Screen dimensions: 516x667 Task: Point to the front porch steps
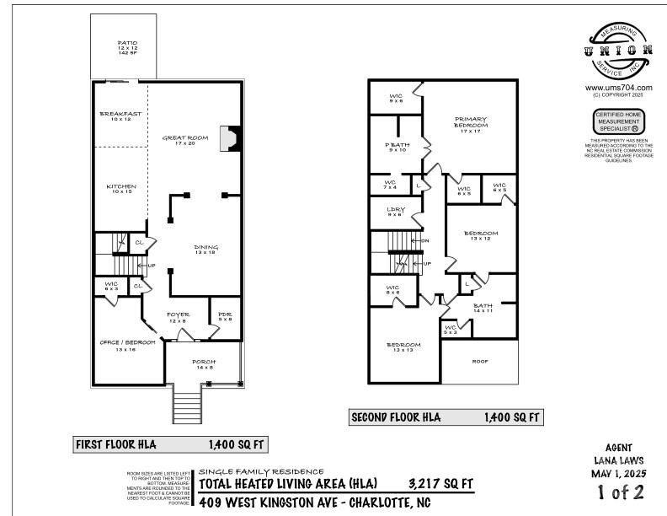click(x=189, y=406)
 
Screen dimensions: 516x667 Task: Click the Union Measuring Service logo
click(x=618, y=51)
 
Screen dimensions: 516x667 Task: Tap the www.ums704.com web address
click(x=618, y=88)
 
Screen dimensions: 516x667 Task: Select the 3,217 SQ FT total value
click(x=440, y=483)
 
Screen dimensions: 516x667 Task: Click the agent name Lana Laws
click(x=618, y=461)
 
